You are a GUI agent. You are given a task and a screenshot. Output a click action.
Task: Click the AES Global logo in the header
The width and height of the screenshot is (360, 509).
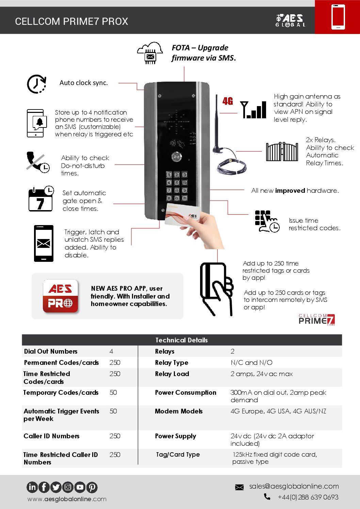click(290, 20)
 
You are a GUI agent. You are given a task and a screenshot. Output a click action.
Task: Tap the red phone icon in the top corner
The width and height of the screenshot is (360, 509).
click(338, 17)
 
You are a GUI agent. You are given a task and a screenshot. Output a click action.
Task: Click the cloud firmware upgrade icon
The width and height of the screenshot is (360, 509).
click(150, 53)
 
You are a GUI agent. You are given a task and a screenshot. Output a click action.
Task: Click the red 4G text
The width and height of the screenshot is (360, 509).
click(228, 101)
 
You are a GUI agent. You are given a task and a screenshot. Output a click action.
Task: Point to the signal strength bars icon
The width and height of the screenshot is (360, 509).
click(253, 109)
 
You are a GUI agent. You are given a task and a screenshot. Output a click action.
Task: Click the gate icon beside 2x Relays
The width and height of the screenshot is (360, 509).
click(282, 152)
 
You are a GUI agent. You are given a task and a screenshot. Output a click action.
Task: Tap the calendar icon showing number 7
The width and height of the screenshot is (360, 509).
click(40, 199)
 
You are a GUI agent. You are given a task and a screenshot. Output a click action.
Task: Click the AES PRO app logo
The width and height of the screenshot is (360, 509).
click(60, 296)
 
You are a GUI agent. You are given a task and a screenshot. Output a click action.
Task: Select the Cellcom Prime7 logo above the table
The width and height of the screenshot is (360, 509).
click(316, 320)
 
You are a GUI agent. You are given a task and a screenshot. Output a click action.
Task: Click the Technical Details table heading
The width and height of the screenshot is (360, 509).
click(181, 340)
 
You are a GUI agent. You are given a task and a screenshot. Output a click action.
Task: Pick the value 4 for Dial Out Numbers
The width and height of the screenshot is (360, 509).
click(111, 351)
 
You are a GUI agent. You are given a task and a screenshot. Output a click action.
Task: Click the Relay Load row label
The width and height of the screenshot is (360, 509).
click(172, 374)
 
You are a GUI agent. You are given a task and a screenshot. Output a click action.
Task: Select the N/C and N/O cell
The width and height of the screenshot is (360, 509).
click(251, 362)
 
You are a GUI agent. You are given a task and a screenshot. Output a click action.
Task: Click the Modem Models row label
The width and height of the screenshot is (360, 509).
click(179, 411)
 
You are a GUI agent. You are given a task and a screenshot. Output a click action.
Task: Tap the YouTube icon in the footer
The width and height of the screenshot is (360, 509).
click(80, 487)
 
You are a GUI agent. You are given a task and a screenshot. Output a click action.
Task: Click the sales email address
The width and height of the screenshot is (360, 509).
click(294, 486)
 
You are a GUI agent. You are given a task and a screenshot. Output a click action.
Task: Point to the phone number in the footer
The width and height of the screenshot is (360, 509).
click(308, 497)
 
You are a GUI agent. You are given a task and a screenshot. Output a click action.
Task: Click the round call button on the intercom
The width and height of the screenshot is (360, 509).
click(177, 157)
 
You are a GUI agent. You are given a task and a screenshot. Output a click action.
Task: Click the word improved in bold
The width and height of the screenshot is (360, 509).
click(290, 191)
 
